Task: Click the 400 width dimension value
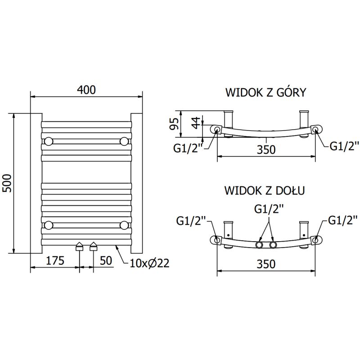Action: pos(86,90)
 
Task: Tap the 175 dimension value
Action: pos(54,261)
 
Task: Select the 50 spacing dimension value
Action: pos(105,261)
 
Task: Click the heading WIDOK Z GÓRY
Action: pos(265,93)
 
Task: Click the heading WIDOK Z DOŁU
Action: pos(265,190)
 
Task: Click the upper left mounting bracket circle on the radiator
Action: pos(49,142)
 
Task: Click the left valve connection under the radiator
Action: pos(80,247)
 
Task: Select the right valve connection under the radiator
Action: pos(93,247)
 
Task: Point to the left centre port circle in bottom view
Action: pos(260,245)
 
